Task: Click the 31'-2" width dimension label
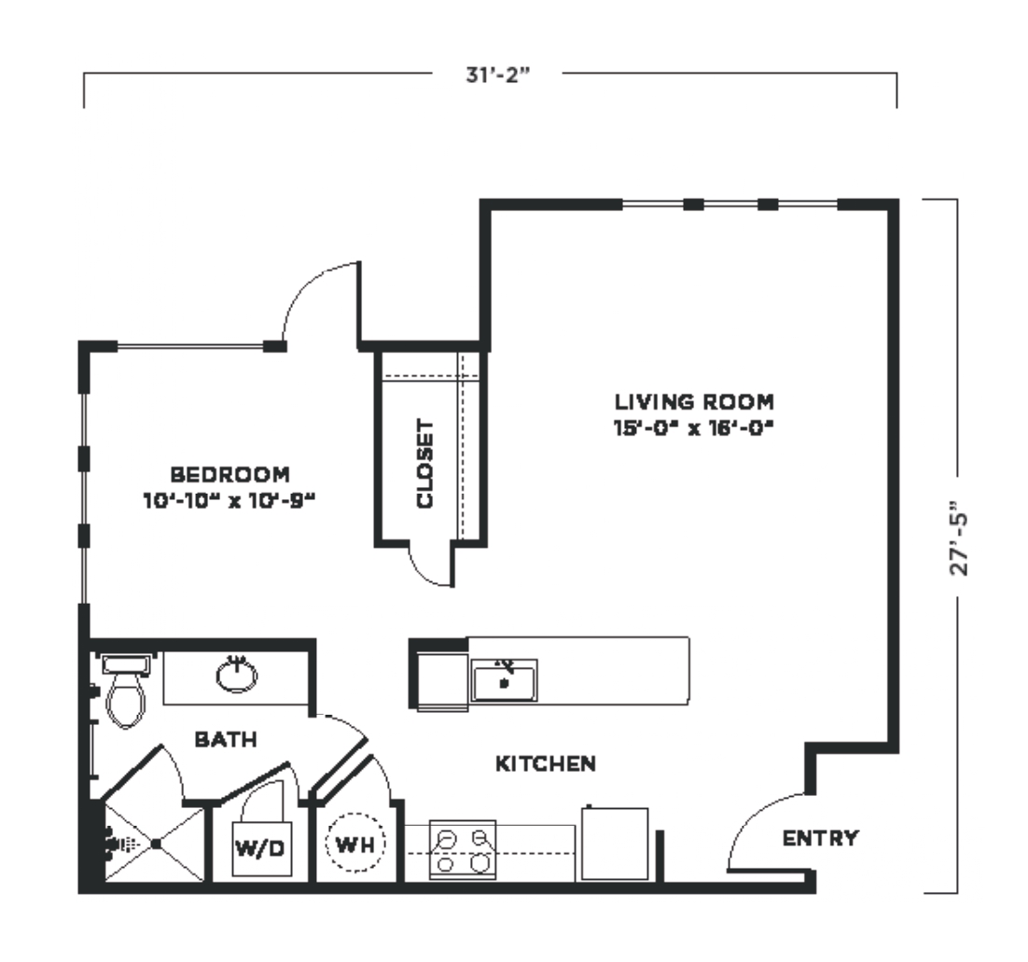point(497,75)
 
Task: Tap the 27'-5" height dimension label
point(959,538)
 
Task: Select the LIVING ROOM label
point(694,401)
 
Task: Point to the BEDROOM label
point(229,474)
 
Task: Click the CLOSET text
point(424,464)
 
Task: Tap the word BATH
point(226,740)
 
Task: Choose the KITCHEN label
point(546,763)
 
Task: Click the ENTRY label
point(820,837)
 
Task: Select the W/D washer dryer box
point(261,848)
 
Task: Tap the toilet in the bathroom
point(125,691)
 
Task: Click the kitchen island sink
point(504,680)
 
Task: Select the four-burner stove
point(462,849)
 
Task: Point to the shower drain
point(156,843)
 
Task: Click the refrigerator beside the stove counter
point(615,843)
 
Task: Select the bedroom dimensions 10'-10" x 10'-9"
point(229,501)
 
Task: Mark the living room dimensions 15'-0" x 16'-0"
point(694,428)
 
